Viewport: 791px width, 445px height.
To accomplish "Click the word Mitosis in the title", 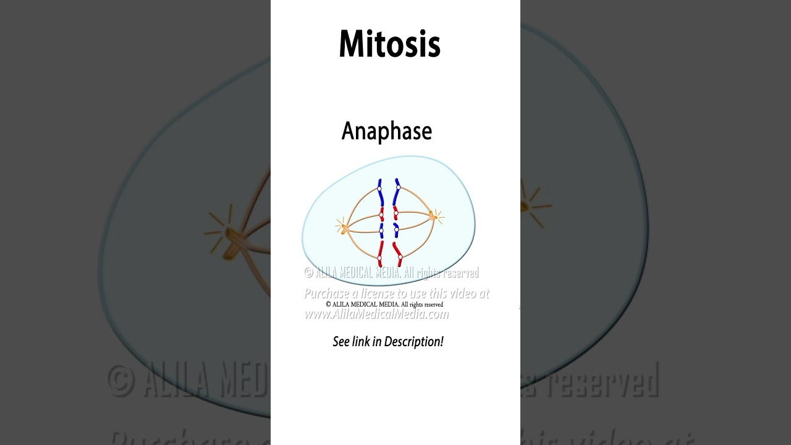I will pyautogui.click(x=389, y=44).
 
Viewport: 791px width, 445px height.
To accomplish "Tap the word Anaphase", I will pyautogui.click(x=386, y=132).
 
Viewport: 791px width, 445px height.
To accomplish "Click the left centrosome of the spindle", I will pyautogui.click(x=343, y=228).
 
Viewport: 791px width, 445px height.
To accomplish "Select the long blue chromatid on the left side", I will pyautogui.click(x=381, y=193).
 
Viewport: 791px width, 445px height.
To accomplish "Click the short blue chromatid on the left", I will pyautogui.click(x=381, y=230).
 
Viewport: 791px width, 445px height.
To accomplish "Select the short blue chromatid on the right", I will pyautogui.click(x=396, y=230).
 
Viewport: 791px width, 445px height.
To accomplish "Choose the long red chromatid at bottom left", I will pyautogui.click(x=380, y=253).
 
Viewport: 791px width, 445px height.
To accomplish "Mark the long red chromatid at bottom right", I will pyautogui.click(x=399, y=254).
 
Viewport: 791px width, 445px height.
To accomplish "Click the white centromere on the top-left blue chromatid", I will pyautogui.click(x=380, y=189).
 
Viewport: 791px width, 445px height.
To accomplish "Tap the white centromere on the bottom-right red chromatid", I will pyautogui.click(x=400, y=256).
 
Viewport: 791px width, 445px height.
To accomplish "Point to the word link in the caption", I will pyautogui.click(x=361, y=342).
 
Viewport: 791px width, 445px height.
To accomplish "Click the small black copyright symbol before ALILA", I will pyautogui.click(x=329, y=305).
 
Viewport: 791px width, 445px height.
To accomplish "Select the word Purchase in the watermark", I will pyautogui.click(x=328, y=294).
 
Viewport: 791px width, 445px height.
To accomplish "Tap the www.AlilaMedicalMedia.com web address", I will pyautogui.click(x=376, y=315).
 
